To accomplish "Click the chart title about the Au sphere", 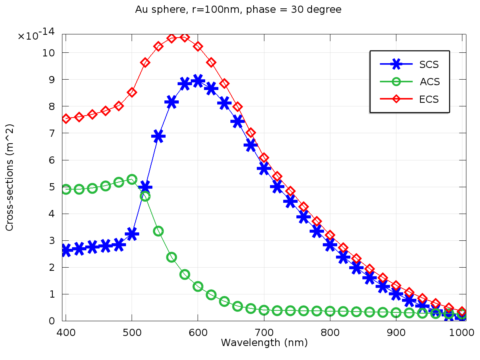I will pyautogui.click(x=238, y=10).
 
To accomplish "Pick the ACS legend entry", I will pyautogui.click(x=430, y=82).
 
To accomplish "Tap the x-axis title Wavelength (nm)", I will pyautogui.click(x=264, y=343).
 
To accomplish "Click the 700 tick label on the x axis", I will pyautogui.click(x=264, y=332).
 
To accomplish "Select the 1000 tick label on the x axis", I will pyautogui.click(x=462, y=332).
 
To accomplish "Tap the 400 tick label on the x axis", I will pyautogui.click(x=66, y=332).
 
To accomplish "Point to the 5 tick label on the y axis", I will pyautogui.click(x=52, y=187).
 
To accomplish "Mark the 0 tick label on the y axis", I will pyautogui.click(x=52, y=321).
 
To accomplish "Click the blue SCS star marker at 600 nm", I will pyautogui.click(x=198, y=81).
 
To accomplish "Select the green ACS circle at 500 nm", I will pyautogui.click(x=132, y=179).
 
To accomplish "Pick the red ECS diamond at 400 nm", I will pyautogui.click(x=66, y=119).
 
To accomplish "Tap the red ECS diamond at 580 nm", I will pyautogui.click(x=184, y=37).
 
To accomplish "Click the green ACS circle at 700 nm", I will pyautogui.click(x=264, y=310).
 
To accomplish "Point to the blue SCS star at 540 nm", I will pyautogui.click(x=158, y=136).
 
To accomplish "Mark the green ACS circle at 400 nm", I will pyautogui.click(x=66, y=190).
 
